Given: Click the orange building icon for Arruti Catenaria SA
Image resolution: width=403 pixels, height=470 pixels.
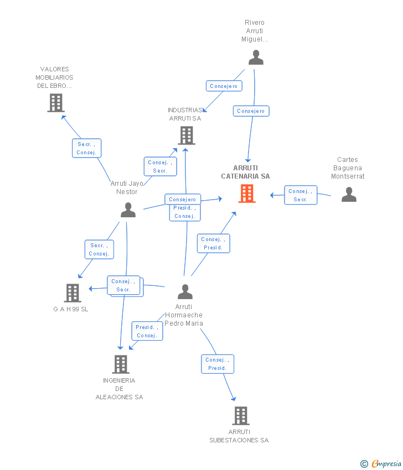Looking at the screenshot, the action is coord(247,194).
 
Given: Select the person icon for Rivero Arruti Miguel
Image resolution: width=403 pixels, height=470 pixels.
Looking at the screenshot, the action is coord(256,58).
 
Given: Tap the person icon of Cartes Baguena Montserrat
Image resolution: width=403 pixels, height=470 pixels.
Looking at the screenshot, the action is coord(349,194).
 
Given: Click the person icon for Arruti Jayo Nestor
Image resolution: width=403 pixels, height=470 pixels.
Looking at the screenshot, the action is coord(128,210).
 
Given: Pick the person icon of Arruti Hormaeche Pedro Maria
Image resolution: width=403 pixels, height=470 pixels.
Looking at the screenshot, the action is coord(185,291).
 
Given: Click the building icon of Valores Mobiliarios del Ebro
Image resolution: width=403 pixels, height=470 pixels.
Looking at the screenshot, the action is coord(56,103).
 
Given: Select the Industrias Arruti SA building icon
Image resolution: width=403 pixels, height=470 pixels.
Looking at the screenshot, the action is coord(187,135).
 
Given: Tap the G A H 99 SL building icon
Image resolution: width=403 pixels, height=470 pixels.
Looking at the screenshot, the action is coord(73,293).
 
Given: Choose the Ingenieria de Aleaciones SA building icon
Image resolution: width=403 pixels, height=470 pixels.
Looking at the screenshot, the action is coord(121,364).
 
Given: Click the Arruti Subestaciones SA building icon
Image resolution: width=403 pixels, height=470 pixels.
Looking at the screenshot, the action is coord(240,415).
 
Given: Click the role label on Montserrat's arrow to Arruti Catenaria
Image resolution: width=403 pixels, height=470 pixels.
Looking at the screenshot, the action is coord(301,195).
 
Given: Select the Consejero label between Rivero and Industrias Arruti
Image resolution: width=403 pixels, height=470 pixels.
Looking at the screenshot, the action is coord(224,86).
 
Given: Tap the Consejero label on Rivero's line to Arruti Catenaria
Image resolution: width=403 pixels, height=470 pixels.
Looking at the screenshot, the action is coord(251,111).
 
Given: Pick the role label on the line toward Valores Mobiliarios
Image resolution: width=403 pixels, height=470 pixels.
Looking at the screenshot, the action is coord(86,148).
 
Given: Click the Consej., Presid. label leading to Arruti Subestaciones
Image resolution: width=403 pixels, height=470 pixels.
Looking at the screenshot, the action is coord(217,364).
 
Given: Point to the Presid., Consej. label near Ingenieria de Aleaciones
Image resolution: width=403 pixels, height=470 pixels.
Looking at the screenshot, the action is coord(147,331).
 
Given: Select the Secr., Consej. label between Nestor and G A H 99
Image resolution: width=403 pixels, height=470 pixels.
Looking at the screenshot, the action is coord(99,249).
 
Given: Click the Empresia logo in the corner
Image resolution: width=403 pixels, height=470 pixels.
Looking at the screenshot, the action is coord(381,463).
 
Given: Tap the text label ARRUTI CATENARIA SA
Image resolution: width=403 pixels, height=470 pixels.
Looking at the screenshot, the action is coord(245,172).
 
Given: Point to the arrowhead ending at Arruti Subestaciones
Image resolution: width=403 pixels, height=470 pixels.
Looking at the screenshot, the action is coord(234,399).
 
